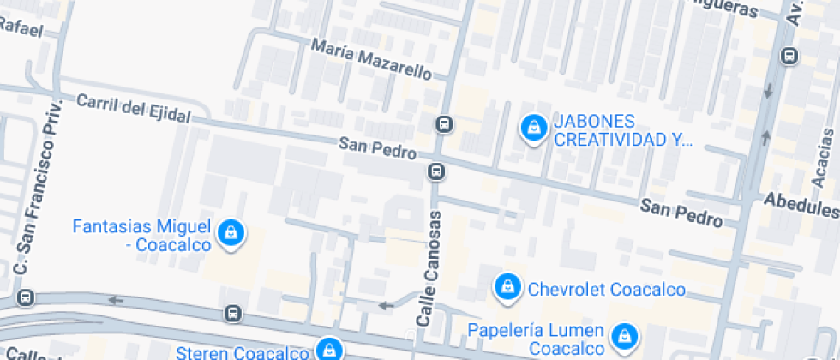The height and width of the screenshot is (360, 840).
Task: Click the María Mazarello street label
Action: (371, 59)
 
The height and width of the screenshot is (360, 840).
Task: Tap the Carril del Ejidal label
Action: (131, 108)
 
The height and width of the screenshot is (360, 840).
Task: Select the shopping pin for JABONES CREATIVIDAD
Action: (534, 129)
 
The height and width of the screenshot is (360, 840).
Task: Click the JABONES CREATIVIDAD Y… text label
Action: (622, 129)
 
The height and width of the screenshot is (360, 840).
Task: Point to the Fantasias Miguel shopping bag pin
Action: (231, 232)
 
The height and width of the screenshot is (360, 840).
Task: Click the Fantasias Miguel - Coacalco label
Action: (141, 236)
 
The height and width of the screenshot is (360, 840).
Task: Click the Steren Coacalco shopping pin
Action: (328, 349)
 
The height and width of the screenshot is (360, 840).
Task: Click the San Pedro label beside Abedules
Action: (681, 213)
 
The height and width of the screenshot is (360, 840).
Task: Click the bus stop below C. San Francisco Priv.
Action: (27, 298)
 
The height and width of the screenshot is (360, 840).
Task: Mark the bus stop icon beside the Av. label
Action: (789, 57)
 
